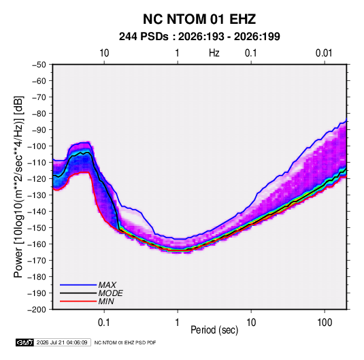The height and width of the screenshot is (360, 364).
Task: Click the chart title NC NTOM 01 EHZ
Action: click(x=199, y=19)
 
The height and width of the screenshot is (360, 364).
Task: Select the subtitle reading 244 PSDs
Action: click(x=144, y=37)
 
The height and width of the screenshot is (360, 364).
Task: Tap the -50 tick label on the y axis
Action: click(x=39, y=65)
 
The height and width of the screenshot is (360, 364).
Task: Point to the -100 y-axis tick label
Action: click(x=37, y=146)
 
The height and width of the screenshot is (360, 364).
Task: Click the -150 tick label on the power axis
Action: click(x=37, y=228)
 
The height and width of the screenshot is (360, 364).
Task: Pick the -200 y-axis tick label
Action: click(x=37, y=310)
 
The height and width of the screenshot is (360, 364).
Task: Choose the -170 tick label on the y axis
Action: click(x=37, y=261)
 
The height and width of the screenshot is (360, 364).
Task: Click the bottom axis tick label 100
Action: click(x=325, y=323)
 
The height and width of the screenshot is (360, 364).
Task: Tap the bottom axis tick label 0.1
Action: click(x=104, y=323)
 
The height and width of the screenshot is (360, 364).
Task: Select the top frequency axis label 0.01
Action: click(x=324, y=53)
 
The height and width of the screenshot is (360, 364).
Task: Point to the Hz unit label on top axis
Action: click(x=214, y=53)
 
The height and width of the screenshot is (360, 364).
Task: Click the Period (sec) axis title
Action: click(x=214, y=330)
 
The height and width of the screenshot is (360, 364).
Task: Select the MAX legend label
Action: click(x=107, y=285)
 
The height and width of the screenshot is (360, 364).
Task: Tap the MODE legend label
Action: click(x=110, y=293)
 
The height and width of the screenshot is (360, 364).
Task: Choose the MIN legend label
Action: click(x=106, y=301)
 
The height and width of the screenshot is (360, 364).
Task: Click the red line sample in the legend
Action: click(x=78, y=301)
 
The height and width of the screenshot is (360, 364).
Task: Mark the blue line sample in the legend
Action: click(x=78, y=285)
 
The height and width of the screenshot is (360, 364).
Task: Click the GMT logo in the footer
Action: click(x=25, y=342)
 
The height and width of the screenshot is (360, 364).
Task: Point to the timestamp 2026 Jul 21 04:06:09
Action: click(x=62, y=342)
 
